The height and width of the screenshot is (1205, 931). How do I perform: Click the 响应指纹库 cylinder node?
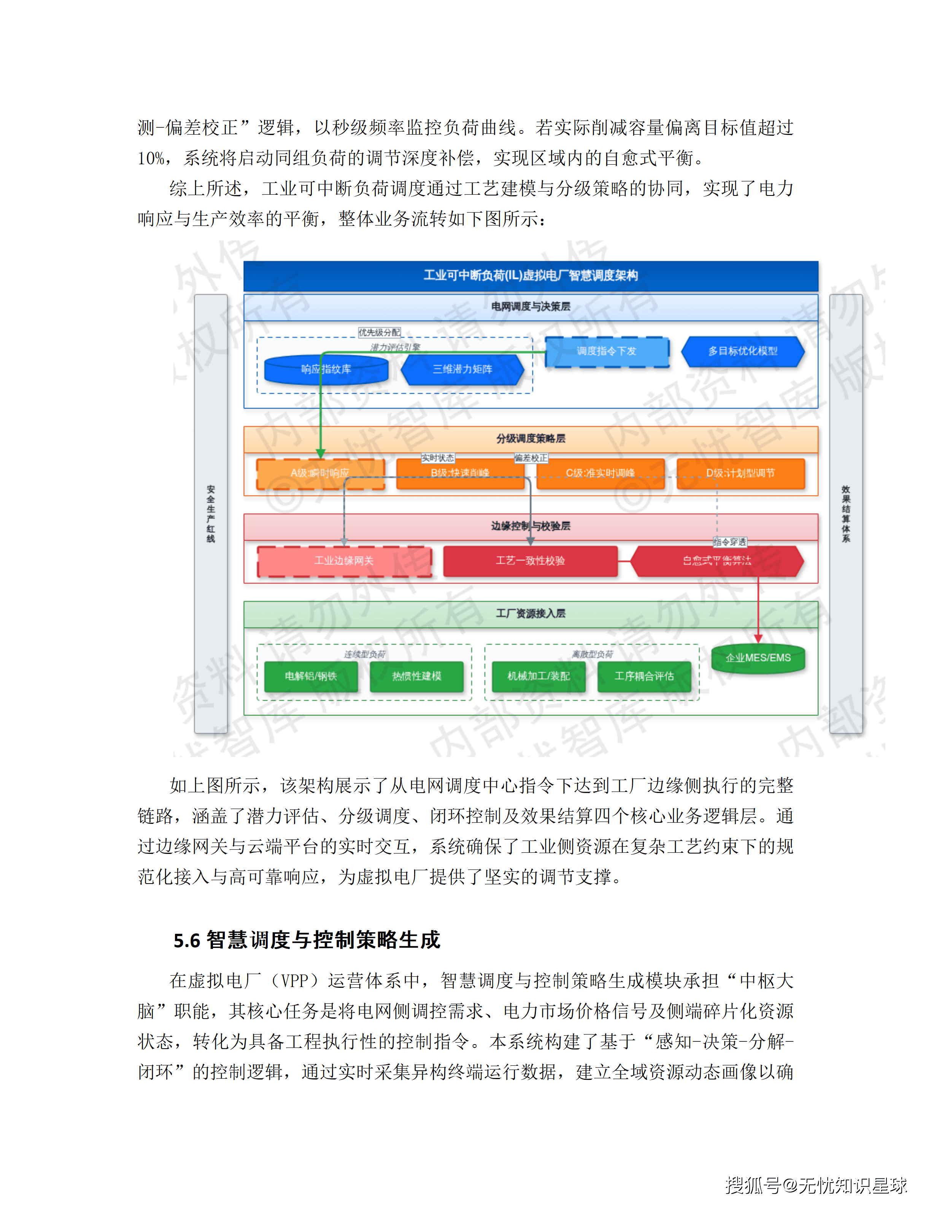click(326, 369)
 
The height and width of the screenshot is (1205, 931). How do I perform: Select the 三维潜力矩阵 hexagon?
click(462, 369)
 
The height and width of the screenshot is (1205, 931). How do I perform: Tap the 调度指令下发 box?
click(607, 351)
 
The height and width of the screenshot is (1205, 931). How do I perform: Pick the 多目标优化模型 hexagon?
click(742, 351)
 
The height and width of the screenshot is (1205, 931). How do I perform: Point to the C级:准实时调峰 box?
click(600, 473)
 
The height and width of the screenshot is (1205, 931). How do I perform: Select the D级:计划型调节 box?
click(740, 473)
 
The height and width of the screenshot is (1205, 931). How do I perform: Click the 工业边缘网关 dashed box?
click(344, 561)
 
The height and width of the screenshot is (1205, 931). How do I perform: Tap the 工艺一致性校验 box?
click(530, 561)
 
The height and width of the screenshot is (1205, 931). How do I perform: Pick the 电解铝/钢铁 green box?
click(310, 676)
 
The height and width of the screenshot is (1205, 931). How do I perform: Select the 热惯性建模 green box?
click(416, 676)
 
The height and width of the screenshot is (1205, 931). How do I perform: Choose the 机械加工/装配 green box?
click(538, 676)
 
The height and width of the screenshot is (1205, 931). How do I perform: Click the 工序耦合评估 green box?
click(644, 676)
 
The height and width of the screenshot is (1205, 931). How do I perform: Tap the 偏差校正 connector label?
click(531, 458)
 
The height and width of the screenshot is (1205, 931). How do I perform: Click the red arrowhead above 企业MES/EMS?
click(758, 638)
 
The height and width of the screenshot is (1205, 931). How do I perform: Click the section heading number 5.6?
click(186, 941)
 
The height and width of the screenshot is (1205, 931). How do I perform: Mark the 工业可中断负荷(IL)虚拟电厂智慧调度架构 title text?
click(531, 275)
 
